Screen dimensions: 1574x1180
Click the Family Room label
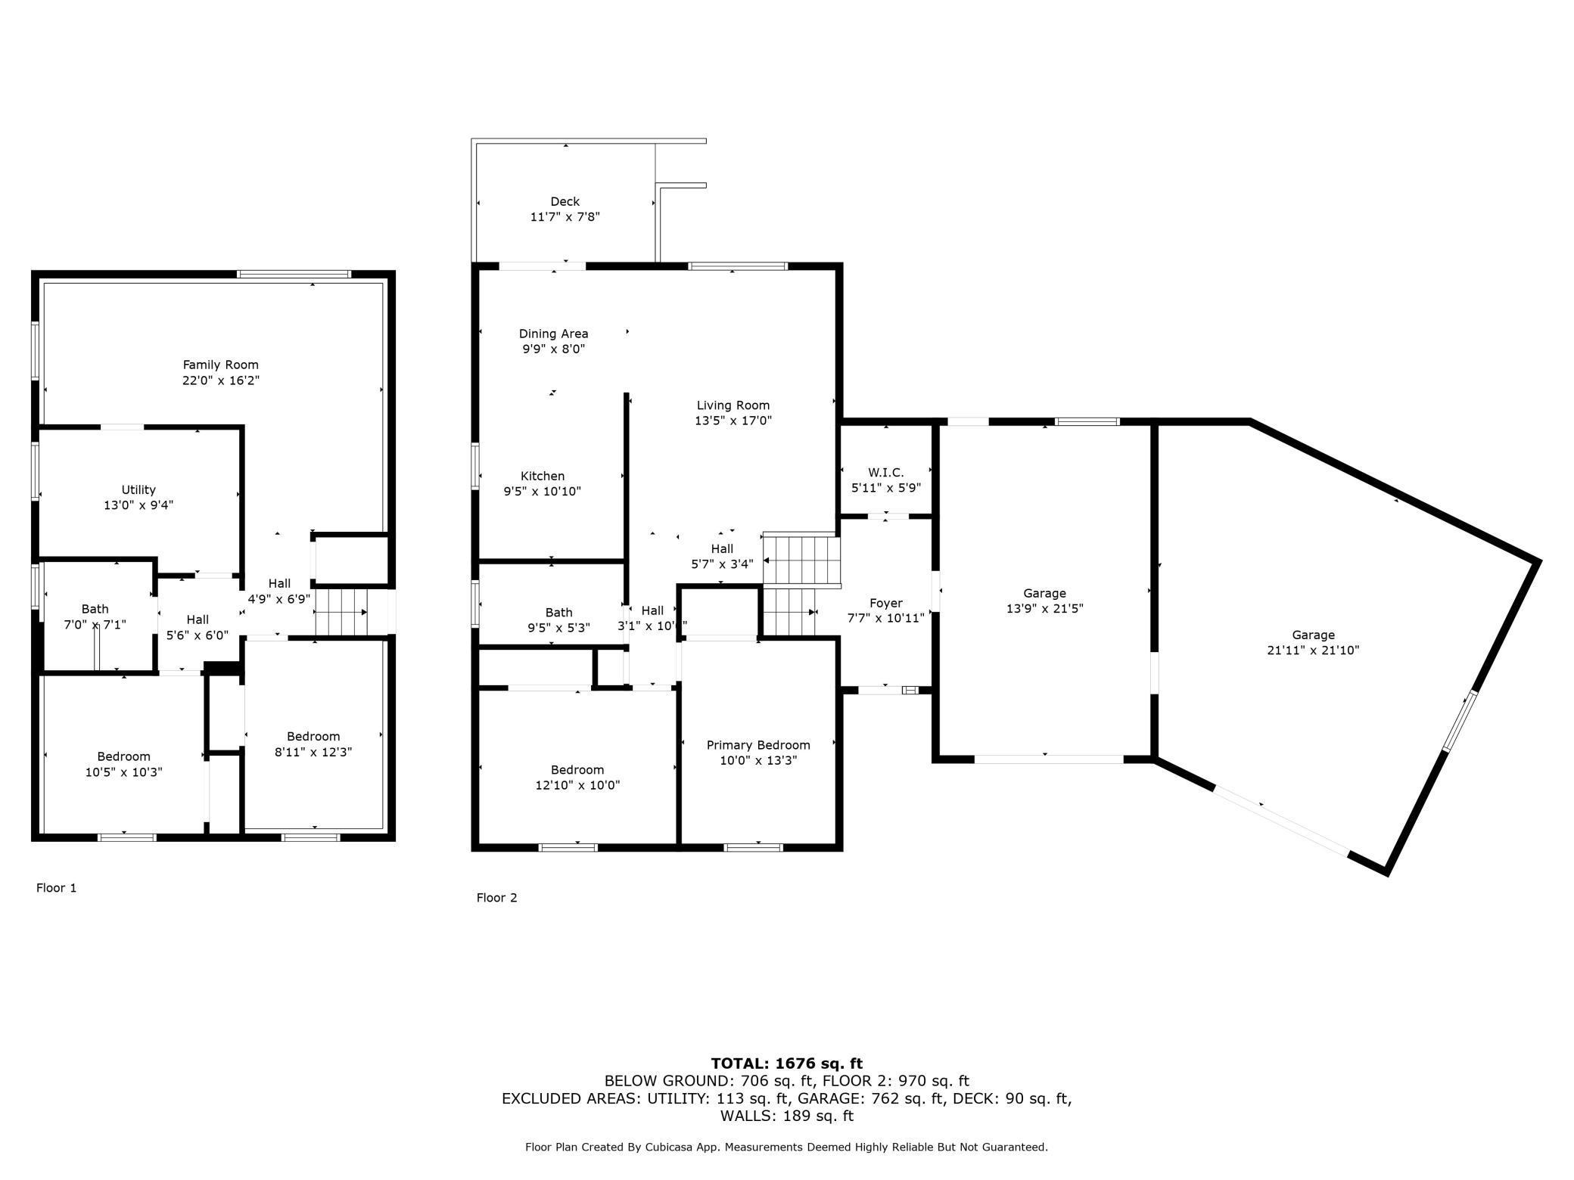(x=221, y=365)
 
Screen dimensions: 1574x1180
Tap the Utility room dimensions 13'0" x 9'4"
(x=138, y=505)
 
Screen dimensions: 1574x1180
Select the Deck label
(x=565, y=201)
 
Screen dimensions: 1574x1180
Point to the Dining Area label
(x=553, y=334)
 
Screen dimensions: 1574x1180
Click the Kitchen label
(x=543, y=476)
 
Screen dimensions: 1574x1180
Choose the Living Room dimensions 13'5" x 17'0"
(x=733, y=421)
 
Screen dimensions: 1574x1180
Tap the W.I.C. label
(x=885, y=473)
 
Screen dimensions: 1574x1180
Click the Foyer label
(x=885, y=603)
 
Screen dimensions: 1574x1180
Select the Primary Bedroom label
(x=758, y=745)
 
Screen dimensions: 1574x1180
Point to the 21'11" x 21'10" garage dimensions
(x=1313, y=650)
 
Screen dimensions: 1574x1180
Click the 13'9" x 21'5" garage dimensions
(x=1044, y=608)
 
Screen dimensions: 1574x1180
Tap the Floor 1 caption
(x=57, y=887)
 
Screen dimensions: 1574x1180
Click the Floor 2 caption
(x=496, y=897)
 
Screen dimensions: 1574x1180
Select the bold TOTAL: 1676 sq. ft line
(x=787, y=1064)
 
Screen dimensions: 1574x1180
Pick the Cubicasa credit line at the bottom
(x=787, y=1147)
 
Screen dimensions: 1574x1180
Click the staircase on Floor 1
(x=341, y=613)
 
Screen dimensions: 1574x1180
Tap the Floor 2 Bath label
(x=558, y=613)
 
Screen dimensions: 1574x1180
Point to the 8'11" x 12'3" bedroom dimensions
(x=313, y=752)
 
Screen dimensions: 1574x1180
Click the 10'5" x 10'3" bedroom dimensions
(x=124, y=772)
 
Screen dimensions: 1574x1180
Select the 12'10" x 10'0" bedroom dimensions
(x=577, y=785)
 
